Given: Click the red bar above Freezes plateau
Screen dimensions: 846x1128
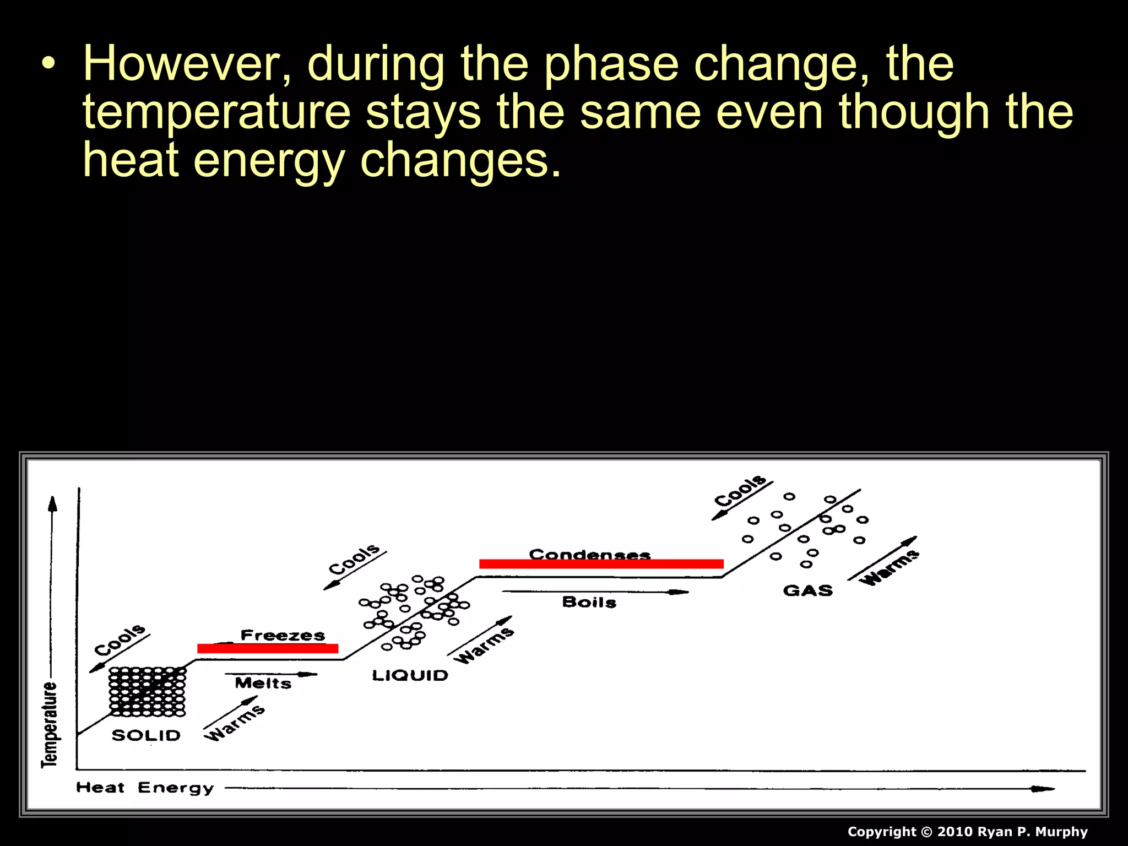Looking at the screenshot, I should coord(268,648).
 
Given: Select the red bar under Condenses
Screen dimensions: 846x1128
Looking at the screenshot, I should coord(601,563).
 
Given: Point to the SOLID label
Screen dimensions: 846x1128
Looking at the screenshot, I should coord(146,735).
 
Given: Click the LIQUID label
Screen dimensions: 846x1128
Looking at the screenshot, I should coord(410,675).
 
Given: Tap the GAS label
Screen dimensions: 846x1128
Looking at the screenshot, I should coord(807,590).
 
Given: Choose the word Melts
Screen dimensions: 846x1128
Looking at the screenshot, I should coord(263,684).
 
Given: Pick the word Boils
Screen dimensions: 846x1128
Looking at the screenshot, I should coord(589,602).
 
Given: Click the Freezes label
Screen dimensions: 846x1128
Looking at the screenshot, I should coord(283,635).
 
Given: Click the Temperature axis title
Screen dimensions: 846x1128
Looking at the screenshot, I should coord(49,724).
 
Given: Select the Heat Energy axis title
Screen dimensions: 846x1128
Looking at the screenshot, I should coord(145,788).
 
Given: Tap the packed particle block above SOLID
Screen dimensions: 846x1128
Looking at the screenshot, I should coord(147,692).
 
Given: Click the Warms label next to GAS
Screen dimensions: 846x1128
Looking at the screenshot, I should coord(890,567).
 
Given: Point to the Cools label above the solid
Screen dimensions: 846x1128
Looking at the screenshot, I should coord(120,640).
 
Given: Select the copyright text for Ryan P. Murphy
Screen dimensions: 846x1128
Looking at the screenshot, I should coord(967,832).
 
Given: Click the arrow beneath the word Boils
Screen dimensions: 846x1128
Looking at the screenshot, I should coord(595,592).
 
